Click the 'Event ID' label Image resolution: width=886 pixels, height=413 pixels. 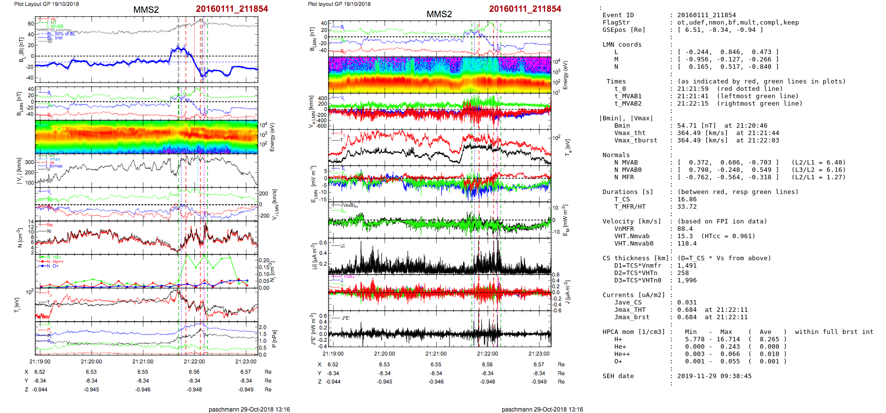618,15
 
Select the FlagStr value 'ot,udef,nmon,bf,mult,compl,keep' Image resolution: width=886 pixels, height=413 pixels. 738,23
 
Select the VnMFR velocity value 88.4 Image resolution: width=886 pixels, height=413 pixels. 685,229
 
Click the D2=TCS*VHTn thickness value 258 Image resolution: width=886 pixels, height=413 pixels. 683,273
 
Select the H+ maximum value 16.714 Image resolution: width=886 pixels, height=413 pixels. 728,339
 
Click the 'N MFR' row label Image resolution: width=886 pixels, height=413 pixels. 624,177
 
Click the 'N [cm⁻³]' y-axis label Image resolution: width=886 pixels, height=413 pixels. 20,238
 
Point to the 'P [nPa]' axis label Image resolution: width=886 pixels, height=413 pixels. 274,338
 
